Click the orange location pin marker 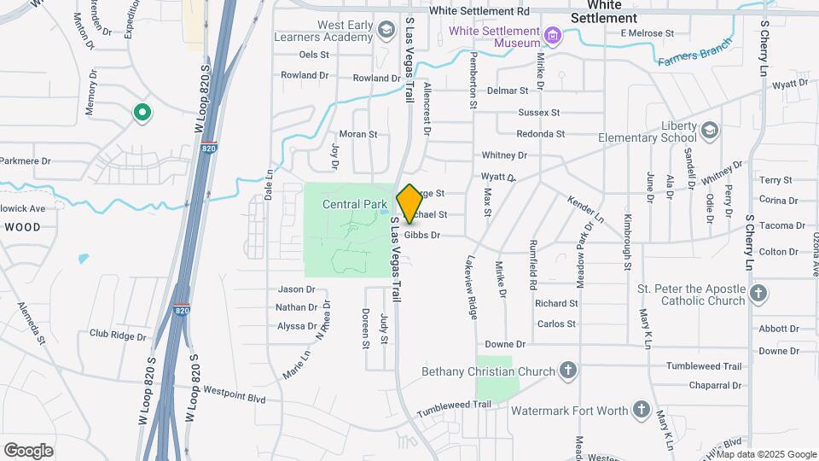click(x=409, y=203)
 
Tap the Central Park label click(x=355, y=205)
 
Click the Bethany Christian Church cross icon click(x=569, y=371)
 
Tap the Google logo click(x=28, y=450)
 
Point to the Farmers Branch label click(x=694, y=55)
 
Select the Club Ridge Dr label click(x=118, y=336)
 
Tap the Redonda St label click(x=541, y=134)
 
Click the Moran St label click(x=357, y=134)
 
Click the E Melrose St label click(x=648, y=33)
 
